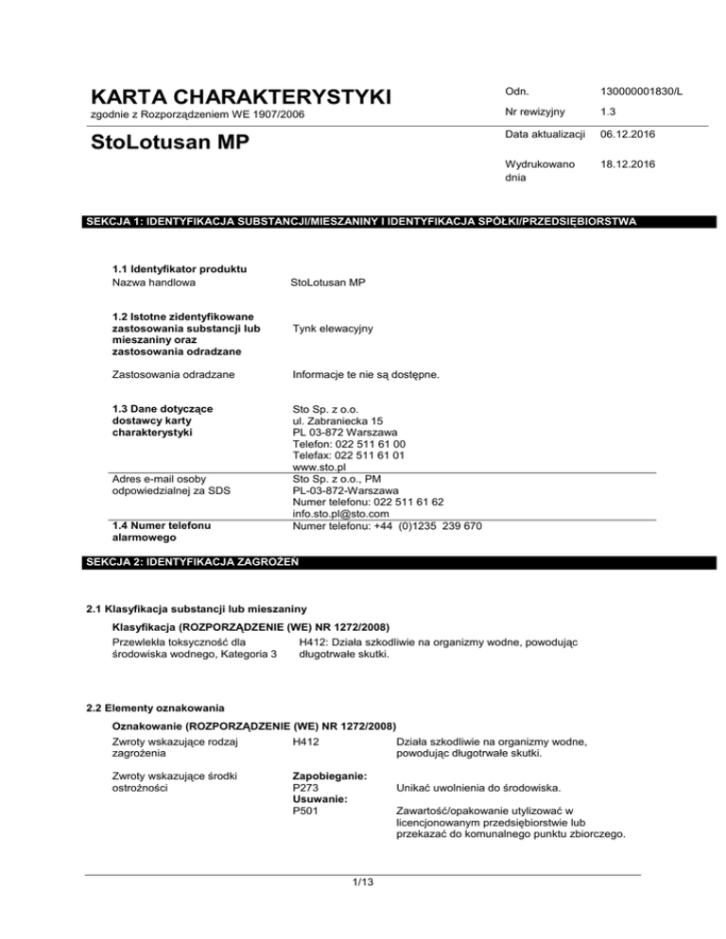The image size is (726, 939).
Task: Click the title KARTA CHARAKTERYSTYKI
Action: click(x=240, y=97)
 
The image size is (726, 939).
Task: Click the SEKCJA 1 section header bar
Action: click(x=364, y=222)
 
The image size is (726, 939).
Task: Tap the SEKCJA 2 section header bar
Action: click(x=364, y=562)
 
